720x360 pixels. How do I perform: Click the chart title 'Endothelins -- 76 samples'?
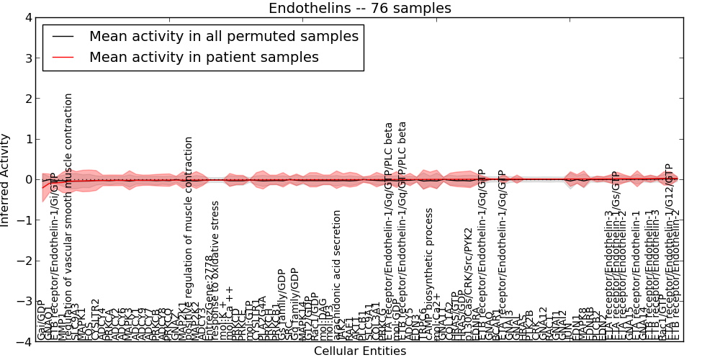pyautogui.click(x=359, y=9)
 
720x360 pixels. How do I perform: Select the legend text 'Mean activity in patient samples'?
pyautogui.click(x=204, y=57)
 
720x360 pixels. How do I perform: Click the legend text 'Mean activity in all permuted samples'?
pyautogui.click(x=223, y=36)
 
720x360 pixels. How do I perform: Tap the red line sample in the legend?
pyautogui.click(x=63, y=57)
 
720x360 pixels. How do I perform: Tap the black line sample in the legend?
pyautogui.click(x=63, y=36)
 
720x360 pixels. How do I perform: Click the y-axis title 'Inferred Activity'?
pyautogui.click(x=6, y=179)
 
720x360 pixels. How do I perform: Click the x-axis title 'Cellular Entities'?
pyautogui.click(x=359, y=351)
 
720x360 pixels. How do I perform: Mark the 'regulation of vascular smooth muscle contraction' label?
pyautogui.click(x=69, y=216)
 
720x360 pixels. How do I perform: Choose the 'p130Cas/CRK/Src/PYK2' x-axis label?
pyautogui.click(x=469, y=284)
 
